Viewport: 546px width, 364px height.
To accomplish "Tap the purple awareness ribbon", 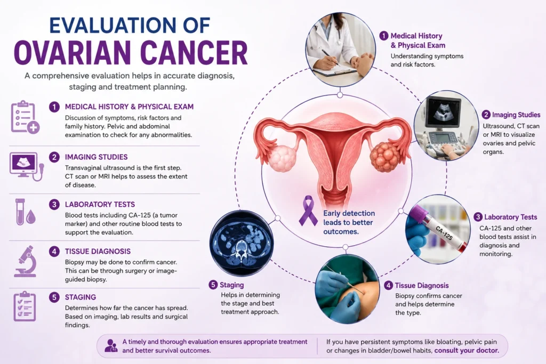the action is click(x=308, y=211).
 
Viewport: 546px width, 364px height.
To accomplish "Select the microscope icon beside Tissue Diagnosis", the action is click(x=25, y=261).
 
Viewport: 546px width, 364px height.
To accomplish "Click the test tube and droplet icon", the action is click(x=26, y=212).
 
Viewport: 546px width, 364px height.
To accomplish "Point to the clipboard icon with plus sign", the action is click(x=25, y=117).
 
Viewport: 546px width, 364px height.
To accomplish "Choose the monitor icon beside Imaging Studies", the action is click(x=27, y=166).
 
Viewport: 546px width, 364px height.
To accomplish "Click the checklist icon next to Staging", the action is click(x=25, y=306).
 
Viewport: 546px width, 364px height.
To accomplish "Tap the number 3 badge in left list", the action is click(x=54, y=204).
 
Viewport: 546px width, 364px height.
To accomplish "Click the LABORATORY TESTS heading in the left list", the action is click(x=100, y=204).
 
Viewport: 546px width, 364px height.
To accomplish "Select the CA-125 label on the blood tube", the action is click(x=444, y=233).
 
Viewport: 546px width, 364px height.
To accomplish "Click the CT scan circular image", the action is click(x=242, y=243).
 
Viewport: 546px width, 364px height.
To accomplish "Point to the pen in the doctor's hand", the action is click(x=330, y=58).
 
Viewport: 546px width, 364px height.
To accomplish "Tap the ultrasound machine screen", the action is click(x=443, y=112).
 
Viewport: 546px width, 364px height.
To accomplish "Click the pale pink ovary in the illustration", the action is click(x=282, y=159).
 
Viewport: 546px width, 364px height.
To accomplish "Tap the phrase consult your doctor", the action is click(x=467, y=351).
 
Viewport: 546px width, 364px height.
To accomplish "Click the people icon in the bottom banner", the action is click(x=111, y=346).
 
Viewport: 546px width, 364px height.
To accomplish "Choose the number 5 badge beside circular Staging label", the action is click(x=213, y=285).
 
